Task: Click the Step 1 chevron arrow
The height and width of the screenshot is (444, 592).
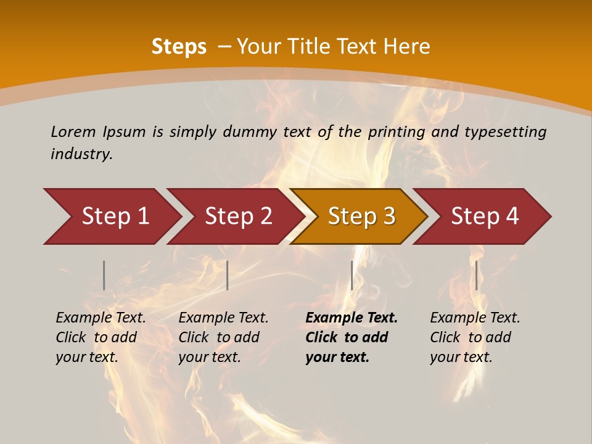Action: [x=114, y=216]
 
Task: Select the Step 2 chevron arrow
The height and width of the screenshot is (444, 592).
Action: [x=237, y=216]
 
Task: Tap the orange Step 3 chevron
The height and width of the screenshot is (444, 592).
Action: [x=361, y=216]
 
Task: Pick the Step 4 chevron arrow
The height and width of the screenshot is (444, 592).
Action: [x=484, y=216]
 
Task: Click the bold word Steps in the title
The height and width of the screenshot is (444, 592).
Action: [x=179, y=47]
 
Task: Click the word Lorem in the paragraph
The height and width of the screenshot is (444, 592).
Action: [x=73, y=131]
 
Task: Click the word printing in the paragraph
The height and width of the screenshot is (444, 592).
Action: [x=395, y=132]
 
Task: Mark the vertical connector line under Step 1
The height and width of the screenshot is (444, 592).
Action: [x=104, y=275]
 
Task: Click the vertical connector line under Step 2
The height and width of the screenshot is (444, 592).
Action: [x=228, y=275]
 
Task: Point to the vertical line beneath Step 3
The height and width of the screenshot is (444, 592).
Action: [x=351, y=275]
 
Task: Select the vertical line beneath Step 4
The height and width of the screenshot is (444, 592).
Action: [x=476, y=275]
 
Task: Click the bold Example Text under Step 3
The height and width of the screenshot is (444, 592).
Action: [x=351, y=318]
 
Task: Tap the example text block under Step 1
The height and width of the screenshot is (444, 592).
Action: [x=101, y=337]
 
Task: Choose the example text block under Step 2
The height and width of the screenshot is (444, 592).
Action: [x=223, y=337]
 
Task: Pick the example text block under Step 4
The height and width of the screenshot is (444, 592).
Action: [x=475, y=337]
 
